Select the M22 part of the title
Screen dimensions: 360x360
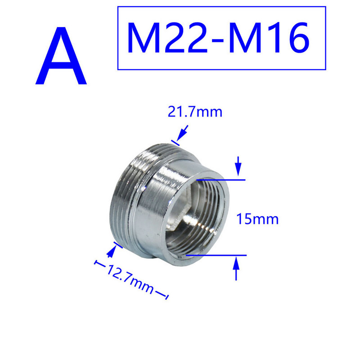click(x=165, y=38)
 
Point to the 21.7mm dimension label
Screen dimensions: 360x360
click(x=195, y=112)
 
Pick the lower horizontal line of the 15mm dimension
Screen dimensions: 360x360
click(x=216, y=255)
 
